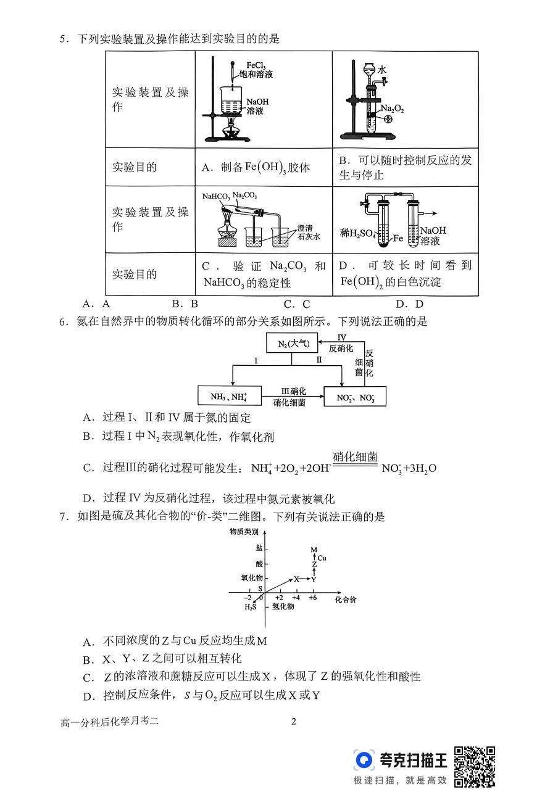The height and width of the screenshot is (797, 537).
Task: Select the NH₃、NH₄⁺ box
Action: pos(230,396)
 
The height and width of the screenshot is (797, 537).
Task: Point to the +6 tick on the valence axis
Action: pos(313,598)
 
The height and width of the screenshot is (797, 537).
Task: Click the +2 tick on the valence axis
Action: pos(279,598)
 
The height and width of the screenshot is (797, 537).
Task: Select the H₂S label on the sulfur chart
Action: pos(250,607)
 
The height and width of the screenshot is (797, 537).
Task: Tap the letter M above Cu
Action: pos(314,550)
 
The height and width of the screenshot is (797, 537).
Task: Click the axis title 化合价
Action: pos(346,599)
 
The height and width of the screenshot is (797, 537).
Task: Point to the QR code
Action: pos(475,766)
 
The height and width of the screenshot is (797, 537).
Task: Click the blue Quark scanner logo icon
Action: pos(365,760)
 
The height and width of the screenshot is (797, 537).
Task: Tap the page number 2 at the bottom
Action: pos(294,722)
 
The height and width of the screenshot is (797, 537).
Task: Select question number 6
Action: pos(62,321)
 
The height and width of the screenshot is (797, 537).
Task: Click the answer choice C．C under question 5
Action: pos(296,304)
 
